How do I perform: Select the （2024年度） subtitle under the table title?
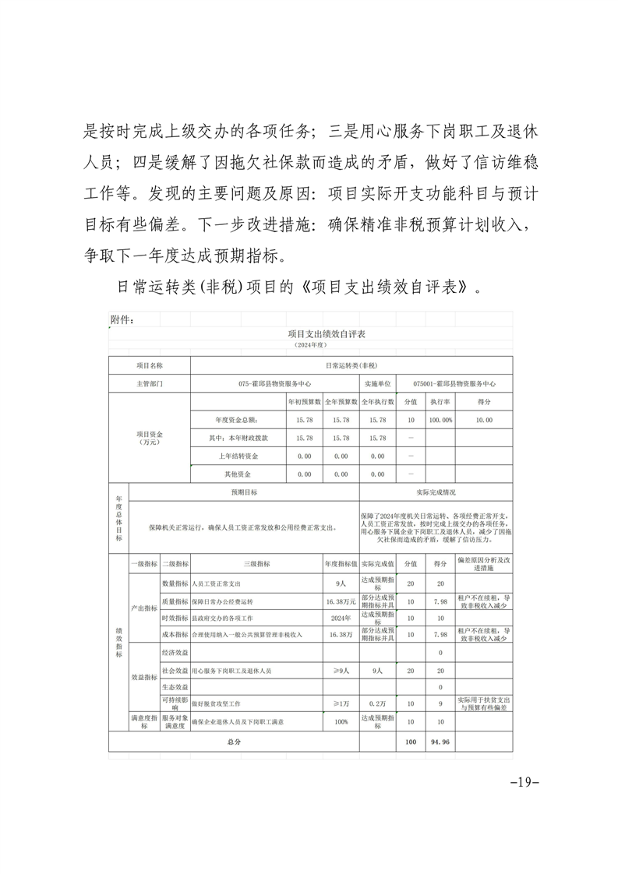[x=310, y=344]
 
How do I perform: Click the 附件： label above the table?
[x=124, y=319]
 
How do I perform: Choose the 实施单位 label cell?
[x=377, y=384]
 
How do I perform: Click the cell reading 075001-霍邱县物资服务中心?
[x=454, y=384]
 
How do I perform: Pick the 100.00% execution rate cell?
[x=440, y=420]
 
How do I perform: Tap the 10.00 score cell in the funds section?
[x=484, y=420]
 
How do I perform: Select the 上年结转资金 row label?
[x=239, y=456]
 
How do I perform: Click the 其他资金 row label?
[x=238, y=474]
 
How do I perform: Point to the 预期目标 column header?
[x=244, y=492]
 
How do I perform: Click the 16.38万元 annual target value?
[x=341, y=601]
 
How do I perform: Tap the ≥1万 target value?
[x=341, y=703]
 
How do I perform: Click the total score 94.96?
[x=440, y=742]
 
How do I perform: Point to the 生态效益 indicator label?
[x=175, y=687]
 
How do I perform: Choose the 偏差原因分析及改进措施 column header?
[x=484, y=564]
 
